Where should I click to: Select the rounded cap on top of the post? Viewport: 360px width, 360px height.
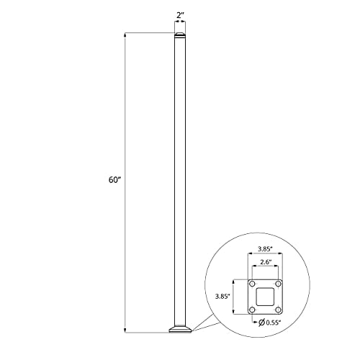point(180,36)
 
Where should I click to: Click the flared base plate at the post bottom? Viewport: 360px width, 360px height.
point(180,330)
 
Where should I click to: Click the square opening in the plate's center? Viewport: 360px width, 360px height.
point(266,297)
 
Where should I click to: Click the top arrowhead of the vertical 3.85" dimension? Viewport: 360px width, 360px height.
point(235,281)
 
